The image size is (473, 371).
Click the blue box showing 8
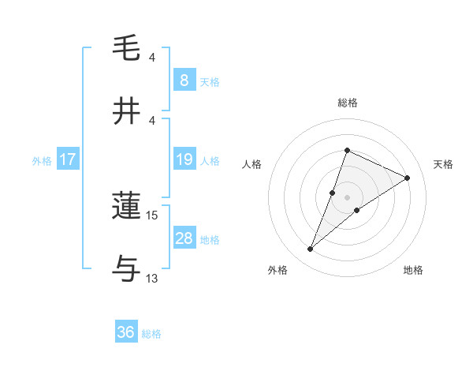[x=184, y=80]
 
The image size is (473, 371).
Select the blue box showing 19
[x=184, y=159]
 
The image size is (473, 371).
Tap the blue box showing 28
[x=184, y=238]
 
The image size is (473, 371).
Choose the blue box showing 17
[x=68, y=159]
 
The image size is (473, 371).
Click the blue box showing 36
[x=126, y=332]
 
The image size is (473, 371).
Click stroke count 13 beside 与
[x=152, y=278]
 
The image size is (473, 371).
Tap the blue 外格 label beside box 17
[x=42, y=161]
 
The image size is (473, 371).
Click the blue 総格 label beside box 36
[x=151, y=333]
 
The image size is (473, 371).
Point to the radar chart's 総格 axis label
[x=347, y=103]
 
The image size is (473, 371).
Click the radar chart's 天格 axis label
[x=444, y=164]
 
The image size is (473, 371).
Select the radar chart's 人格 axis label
[x=251, y=164]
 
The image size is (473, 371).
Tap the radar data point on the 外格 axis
[x=311, y=249]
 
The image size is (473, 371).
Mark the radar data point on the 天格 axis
[x=408, y=178]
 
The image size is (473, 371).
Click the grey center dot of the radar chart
[x=347, y=197]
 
